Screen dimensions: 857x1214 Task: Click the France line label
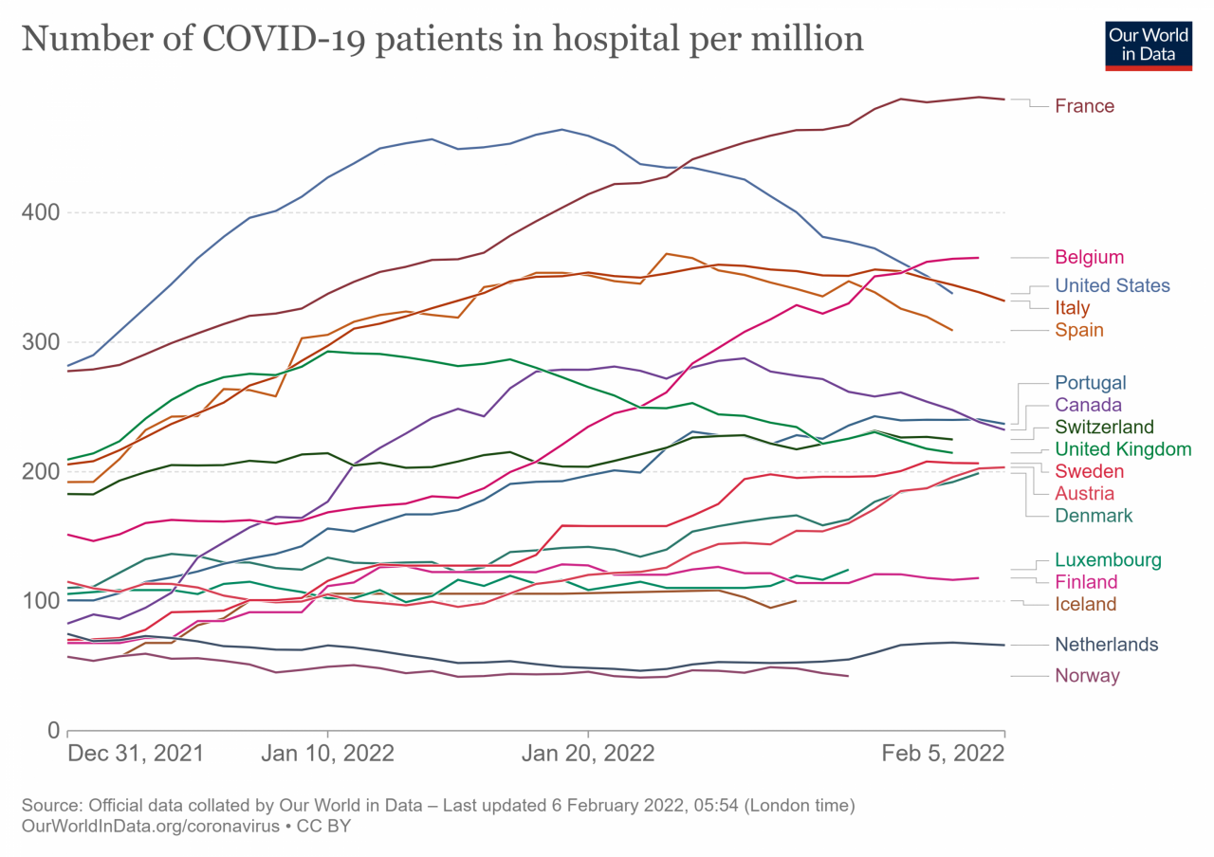pos(1084,106)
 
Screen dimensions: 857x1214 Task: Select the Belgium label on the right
pos(1089,257)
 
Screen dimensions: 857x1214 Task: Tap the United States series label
pos(1112,285)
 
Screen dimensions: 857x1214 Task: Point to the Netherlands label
pos(1106,645)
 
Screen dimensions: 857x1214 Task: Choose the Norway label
pos(1087,676)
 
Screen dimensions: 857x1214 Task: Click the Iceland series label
pos(1085,604)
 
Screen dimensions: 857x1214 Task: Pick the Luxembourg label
pos(1108,559)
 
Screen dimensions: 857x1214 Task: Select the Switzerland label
pos(1104,427)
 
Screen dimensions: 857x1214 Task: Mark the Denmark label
pos(1094,516)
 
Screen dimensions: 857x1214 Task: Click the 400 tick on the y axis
pos(41,212)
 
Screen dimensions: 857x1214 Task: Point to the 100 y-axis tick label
pos(41,601)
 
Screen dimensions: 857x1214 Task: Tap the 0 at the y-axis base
pos(53,730)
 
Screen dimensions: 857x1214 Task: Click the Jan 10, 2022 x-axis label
pos(327,754)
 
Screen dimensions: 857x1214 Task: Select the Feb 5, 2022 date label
pos(944,754)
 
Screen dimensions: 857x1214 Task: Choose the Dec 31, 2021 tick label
pos(136,754)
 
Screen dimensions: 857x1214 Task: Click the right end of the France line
pos(1003,99)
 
